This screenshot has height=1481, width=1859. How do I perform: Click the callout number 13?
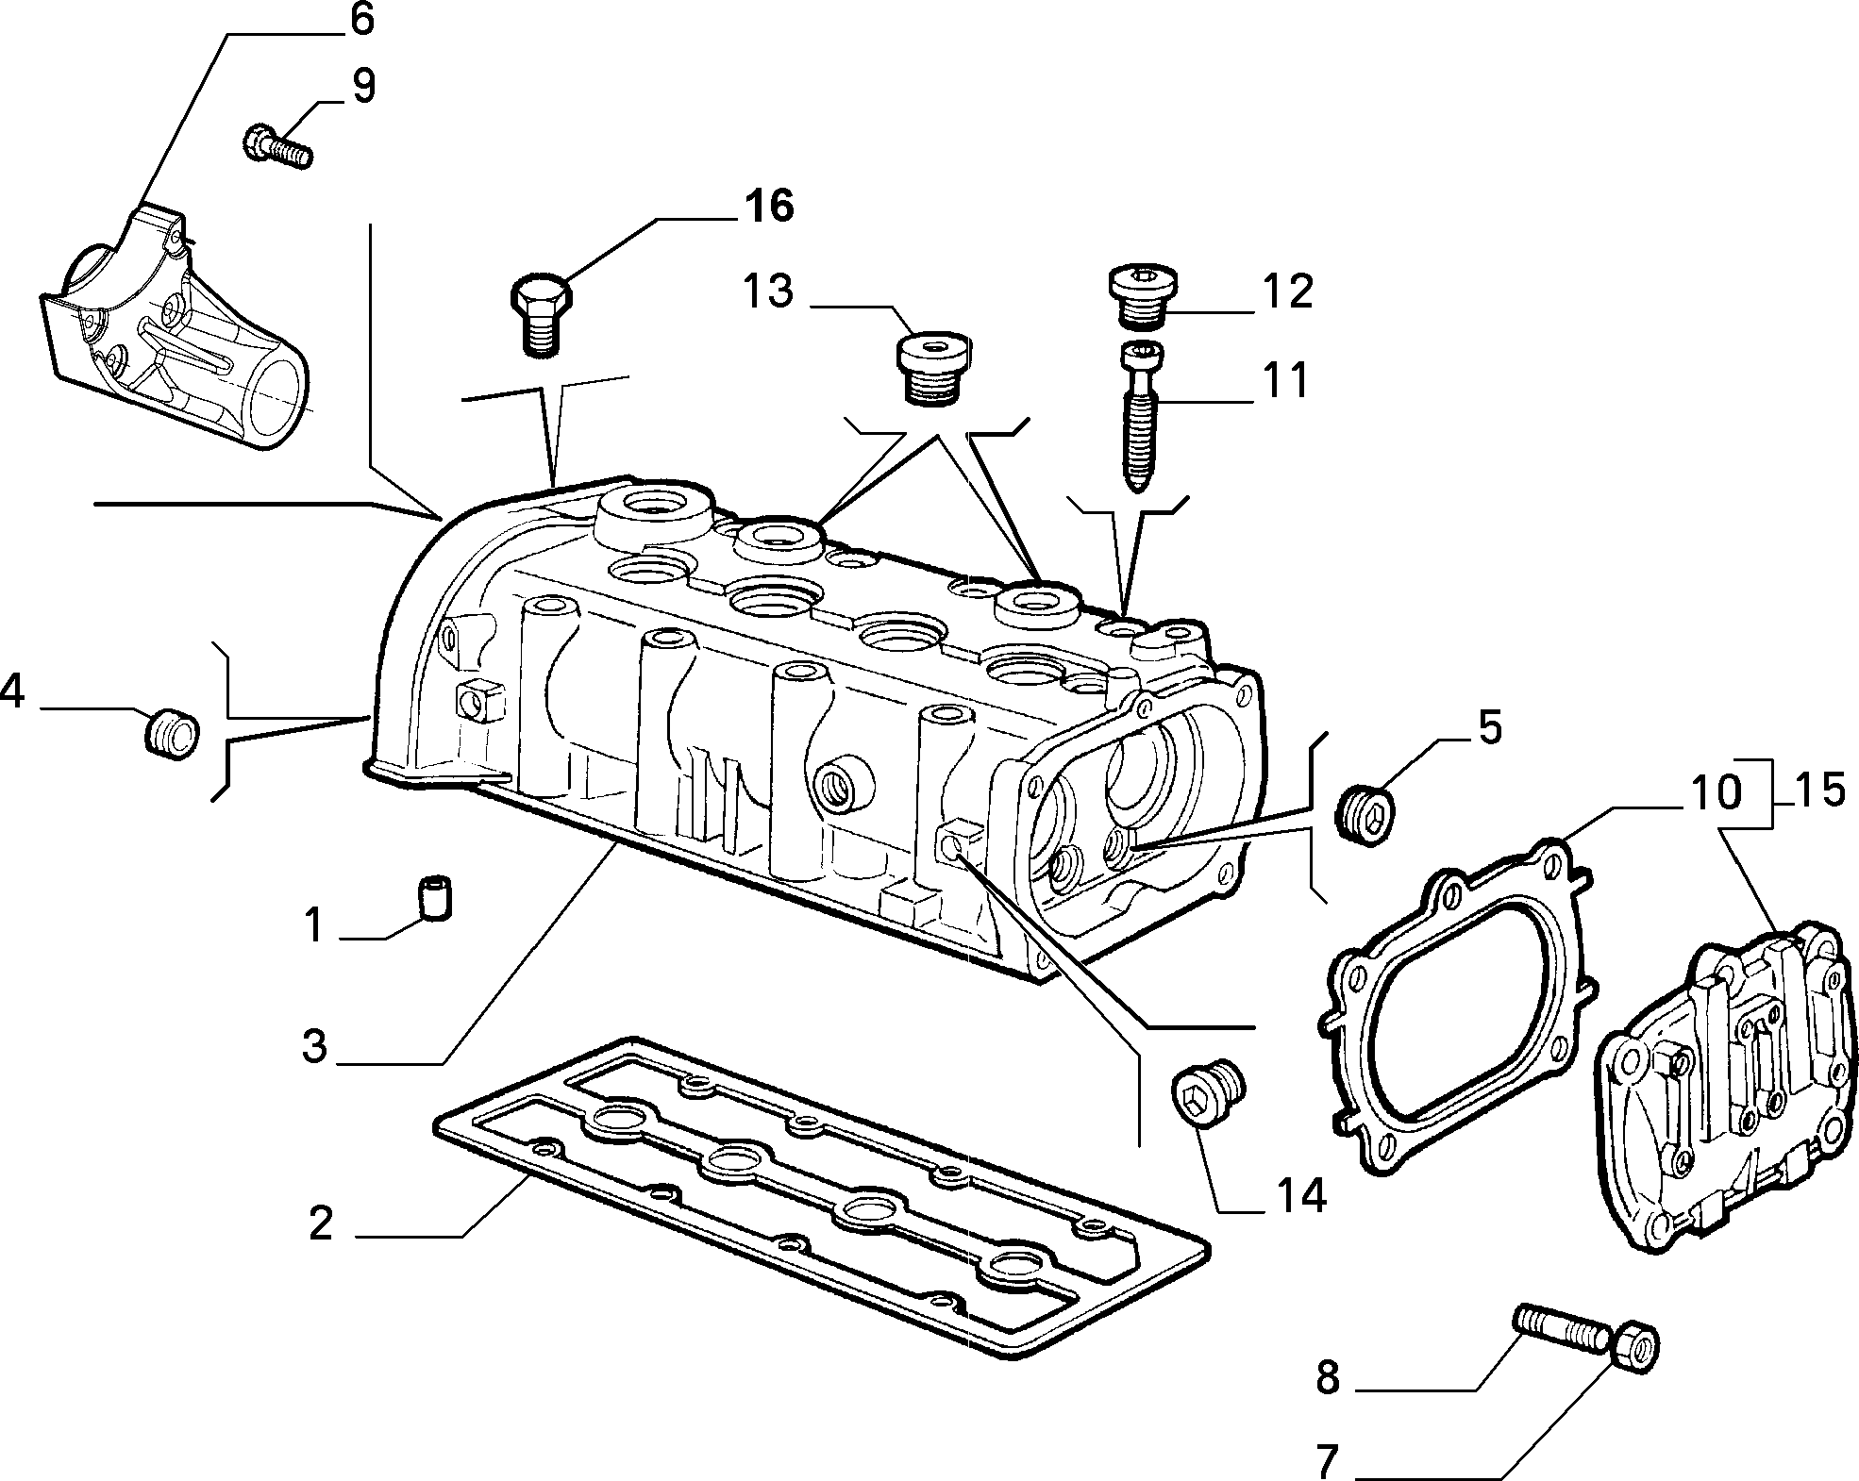[768, 291]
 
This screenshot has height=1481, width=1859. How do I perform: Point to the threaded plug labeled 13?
[929, 368]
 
